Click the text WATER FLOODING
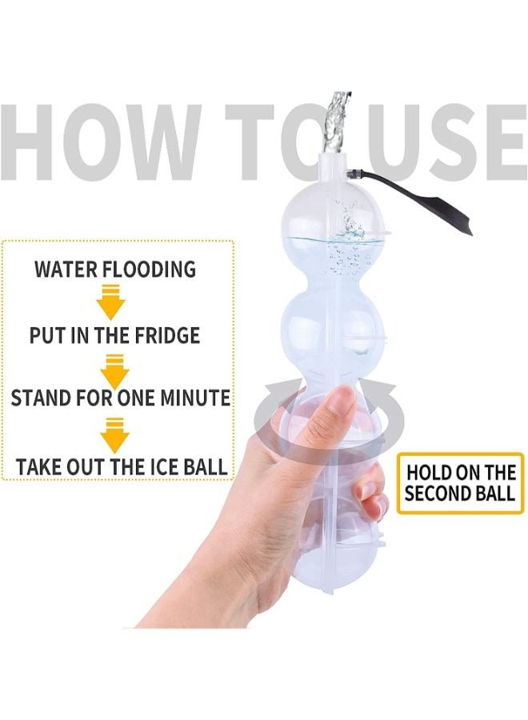[x=114, y=270]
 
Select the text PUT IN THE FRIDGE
[x=114, y=334]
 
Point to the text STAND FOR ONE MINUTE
[x=120, y=398]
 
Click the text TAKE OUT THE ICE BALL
[x=120, y=465]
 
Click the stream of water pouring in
[x=337, y=120]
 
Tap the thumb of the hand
[x=328, y=416]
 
